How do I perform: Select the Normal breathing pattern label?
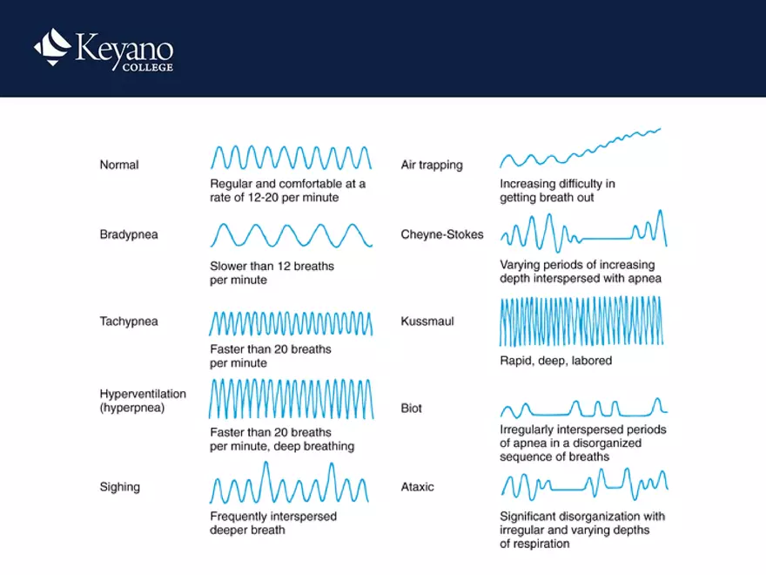tap(119, 165)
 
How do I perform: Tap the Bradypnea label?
tap(129, 234)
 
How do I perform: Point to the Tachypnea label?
tap(129, 321)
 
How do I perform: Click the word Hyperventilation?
tap(143, 394)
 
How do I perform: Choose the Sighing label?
tap(120, 487)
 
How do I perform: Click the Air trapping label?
tap(432, 165)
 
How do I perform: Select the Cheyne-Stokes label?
tap(442, 234)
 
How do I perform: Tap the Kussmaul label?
tap(427, 321)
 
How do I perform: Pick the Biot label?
tap(413, 409)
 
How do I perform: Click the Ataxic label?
tap(417, 487)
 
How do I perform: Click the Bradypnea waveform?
tap(291, 235)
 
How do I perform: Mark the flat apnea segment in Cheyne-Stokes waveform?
tap(604, 238)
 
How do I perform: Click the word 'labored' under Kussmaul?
tap(592, 361)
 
